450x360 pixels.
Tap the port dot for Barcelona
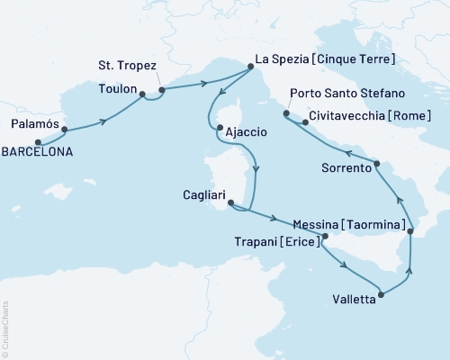click(x=38, y=142)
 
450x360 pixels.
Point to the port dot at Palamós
click(x=65, y=130)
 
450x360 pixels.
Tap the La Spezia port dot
click(x=250, y=67)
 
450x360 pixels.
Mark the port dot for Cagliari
click(x=231, y=203)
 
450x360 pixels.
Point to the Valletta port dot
click(x=382, y=293)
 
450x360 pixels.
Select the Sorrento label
click(x=346, y=168)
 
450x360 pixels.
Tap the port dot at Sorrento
click(x=377, y=163)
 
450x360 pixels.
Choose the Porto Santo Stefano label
click(x=347, y=93)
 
